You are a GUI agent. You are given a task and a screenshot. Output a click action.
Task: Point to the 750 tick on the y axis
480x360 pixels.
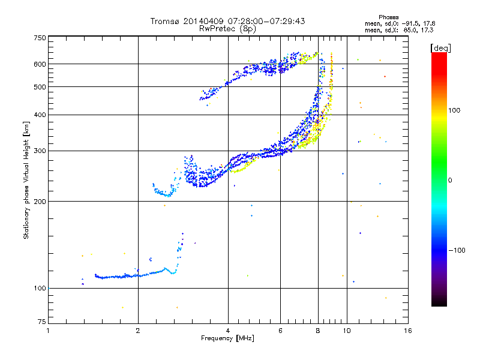pyautogui.click(x=40, y=37)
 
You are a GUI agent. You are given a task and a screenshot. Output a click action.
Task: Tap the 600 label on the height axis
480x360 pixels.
pyautogui.click(x=40, y=64)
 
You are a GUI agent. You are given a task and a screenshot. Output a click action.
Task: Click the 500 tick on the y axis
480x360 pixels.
pyautogui.click(x=40, y=87)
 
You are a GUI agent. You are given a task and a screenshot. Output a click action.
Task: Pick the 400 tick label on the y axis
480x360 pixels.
pyautogui.click(x=40, y=115)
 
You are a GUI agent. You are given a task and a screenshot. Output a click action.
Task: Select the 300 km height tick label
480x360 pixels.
pyautogui.click(x=40, y=151)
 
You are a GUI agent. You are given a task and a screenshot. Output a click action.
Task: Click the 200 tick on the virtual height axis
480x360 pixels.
pyautogui.click(x=40, y=202)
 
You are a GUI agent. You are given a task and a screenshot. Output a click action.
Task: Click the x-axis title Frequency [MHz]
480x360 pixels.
pyautogui.click(x=227, y=338)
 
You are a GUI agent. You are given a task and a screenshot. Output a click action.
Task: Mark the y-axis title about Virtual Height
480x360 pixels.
pyautogui.click(x=26, y=180)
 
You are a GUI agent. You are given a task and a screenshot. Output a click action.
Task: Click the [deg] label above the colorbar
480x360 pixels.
pyautogui.click(x=440, y=47)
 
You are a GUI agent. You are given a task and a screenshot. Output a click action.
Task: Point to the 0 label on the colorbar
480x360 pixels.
pyautogui.click(x=450, y=180)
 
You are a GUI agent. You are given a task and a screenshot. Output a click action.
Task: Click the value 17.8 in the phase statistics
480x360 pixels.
pyautogui.click(x=428, y=23)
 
